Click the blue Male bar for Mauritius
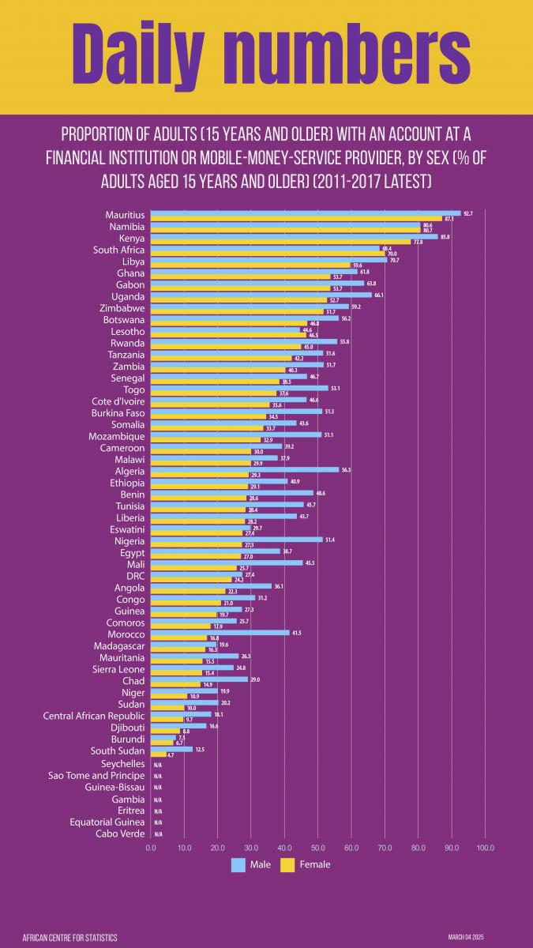306,213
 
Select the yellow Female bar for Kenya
281,242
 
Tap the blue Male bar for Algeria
245,469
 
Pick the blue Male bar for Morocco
220,633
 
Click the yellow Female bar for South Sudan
159,754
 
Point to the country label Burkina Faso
113,413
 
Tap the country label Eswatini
127,529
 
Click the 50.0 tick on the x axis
317,848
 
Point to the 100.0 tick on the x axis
485,848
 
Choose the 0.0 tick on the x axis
151,848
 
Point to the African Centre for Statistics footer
70,937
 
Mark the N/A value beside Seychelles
158,765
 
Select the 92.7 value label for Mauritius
468,213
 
